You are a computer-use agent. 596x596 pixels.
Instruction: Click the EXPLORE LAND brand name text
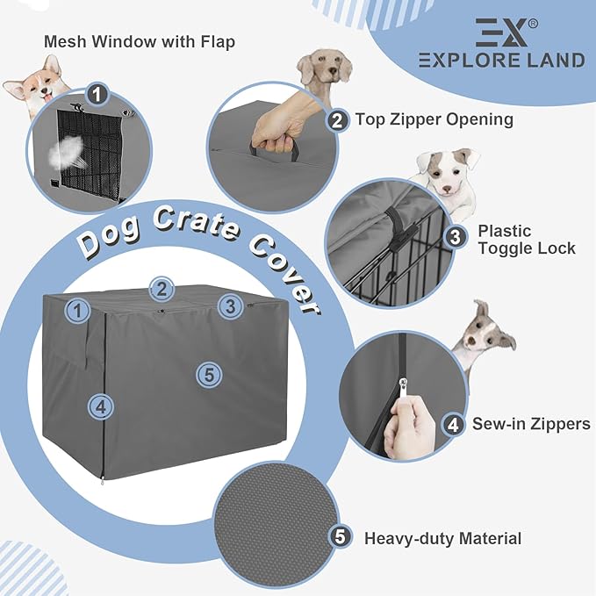501,61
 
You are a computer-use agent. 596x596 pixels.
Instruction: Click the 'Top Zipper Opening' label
434,119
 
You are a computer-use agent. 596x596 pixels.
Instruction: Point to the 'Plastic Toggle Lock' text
527,240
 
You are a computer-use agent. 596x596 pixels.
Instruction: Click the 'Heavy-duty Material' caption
442,538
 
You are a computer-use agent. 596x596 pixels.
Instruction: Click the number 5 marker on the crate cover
207,375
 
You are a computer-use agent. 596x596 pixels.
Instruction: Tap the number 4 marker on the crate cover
100,406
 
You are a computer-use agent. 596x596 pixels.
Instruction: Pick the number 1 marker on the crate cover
79,310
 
